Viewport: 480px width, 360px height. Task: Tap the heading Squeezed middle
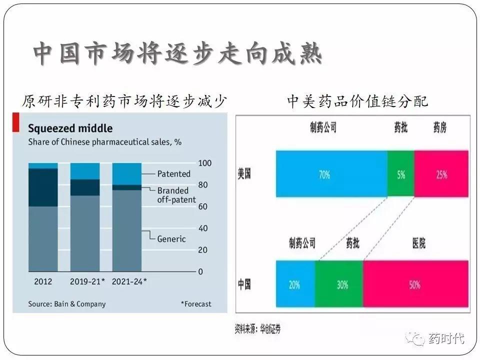[70, 129]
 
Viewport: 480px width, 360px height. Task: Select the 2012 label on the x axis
[43, 281]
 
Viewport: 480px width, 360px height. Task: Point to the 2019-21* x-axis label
[87, 281]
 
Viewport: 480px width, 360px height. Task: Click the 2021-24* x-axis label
[129, 281]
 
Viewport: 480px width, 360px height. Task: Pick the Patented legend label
[174, 174]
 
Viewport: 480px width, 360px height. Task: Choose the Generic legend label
[171, 239]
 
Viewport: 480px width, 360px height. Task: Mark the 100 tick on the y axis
[205, 163]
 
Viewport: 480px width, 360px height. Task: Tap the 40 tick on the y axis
[203, 228]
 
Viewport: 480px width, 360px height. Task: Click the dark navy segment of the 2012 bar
[43, 187]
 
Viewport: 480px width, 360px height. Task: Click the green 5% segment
[401, 174]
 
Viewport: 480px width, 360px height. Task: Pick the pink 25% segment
[441, 174]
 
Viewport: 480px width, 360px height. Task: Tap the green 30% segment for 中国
[340, 285]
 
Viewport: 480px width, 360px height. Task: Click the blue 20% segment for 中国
[295, 285]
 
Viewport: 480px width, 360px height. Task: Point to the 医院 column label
[418, 243]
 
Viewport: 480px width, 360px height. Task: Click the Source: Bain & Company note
[67, 303]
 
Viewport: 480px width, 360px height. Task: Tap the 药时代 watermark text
[446, 339]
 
